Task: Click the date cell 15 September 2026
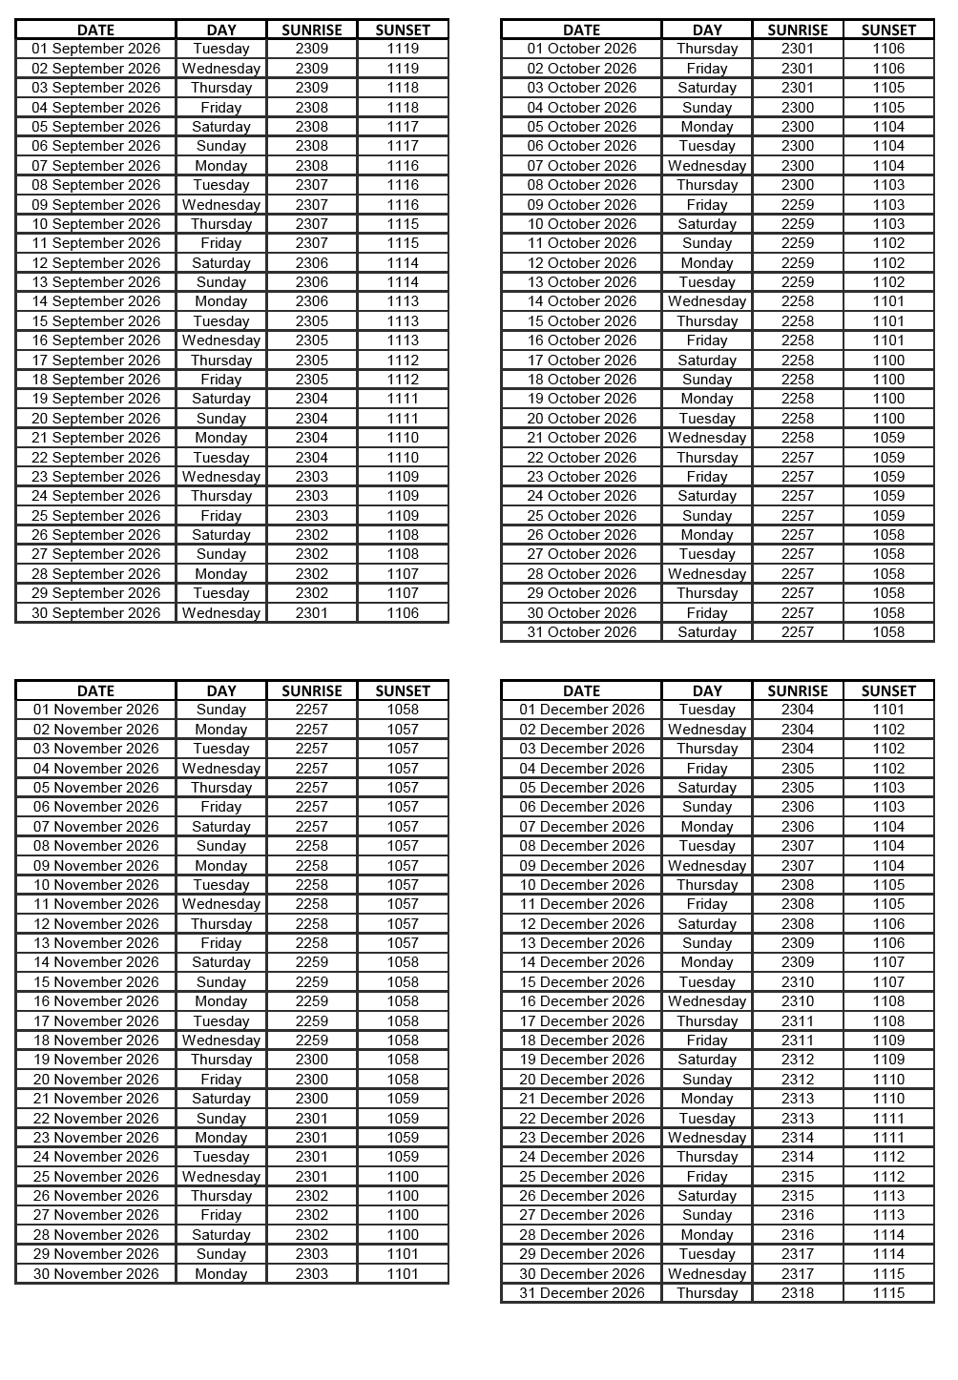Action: pos(95,321)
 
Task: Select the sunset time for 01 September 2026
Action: pos(403,49)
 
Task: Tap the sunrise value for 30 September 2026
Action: pos(312,613)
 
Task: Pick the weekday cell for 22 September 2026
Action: pos(221,458)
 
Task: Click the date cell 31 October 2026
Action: pos(581,632)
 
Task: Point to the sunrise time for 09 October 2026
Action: pos(798,205)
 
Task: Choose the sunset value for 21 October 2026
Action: pos(888,438)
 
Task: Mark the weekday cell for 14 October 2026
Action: pos(707,301)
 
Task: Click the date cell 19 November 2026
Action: pos(95,1060)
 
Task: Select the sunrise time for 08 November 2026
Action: pos(312,846)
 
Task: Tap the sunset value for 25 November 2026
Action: pos(403,1177)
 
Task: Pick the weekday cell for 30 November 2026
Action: pos(221,1274)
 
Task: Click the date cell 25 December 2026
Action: pos(581,1177)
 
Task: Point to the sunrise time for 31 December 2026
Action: pos(798,1293)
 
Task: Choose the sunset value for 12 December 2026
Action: pos(888,924)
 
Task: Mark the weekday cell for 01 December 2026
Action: pos(707,710)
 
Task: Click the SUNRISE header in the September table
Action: pos(312,30)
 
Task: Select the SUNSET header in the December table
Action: pos(888,690)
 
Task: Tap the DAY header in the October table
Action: pos(707,30)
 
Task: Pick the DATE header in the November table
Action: pos(95,690)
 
